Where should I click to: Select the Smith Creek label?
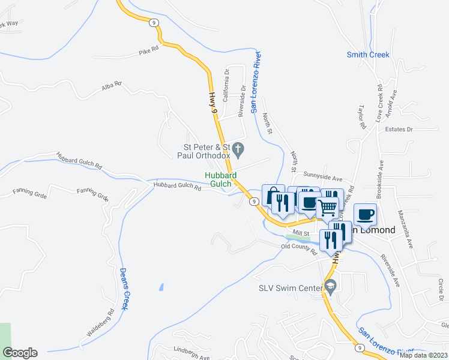click(368, 55)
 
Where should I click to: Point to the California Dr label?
click(226, 85)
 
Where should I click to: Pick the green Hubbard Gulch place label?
click(221, 179)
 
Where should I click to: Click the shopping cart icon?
click(327, 208)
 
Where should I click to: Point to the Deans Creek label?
click(124, 289)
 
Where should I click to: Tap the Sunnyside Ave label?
click(322, 179)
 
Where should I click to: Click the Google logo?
click(20, 353)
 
